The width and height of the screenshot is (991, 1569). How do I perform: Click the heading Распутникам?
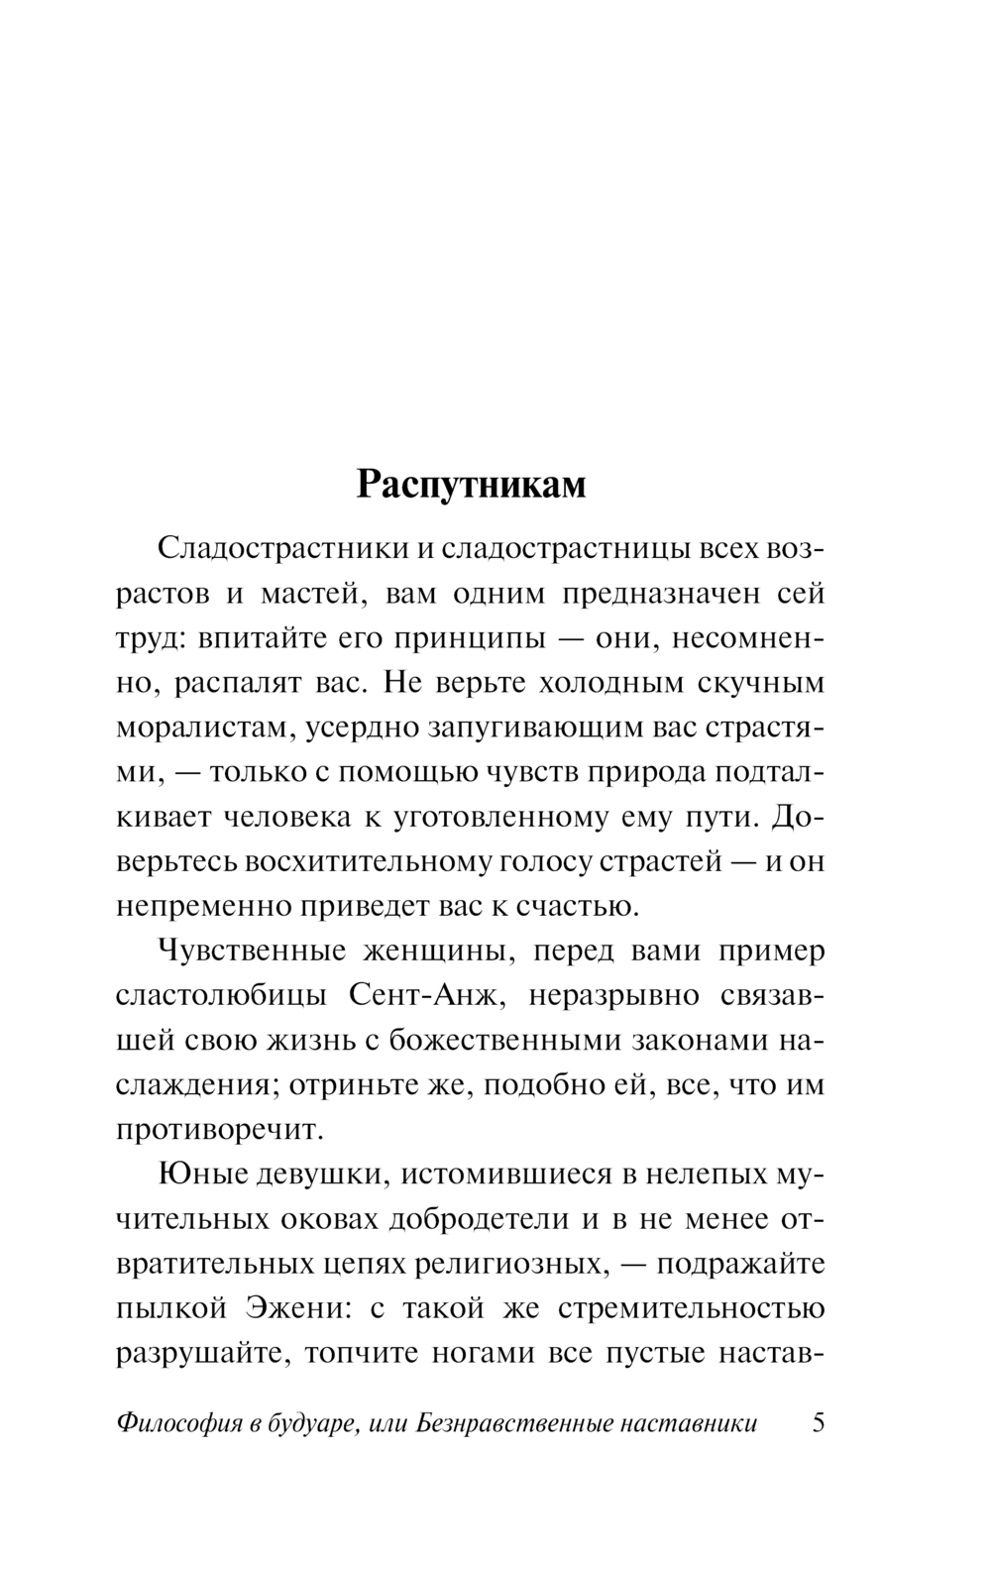pos(471,485)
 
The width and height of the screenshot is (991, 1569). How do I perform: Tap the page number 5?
pos(818,1423)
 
